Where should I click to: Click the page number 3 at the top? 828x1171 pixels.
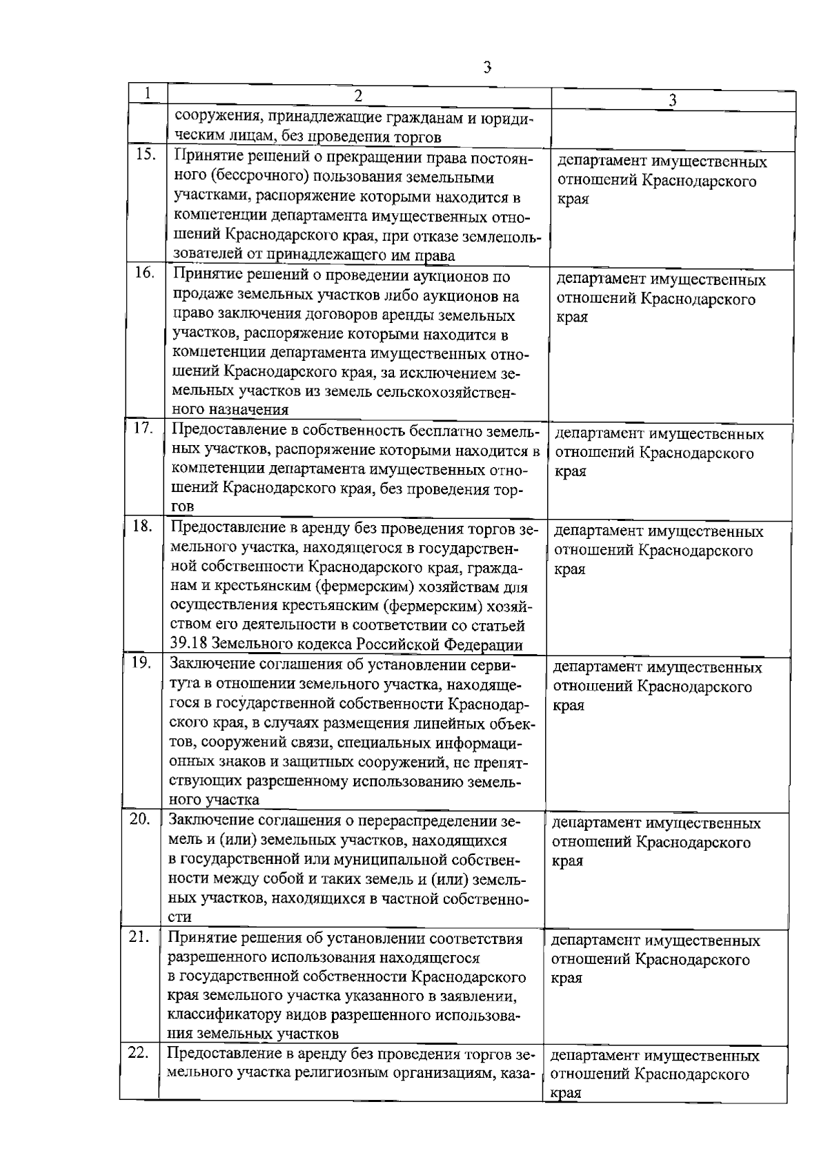[488, 67]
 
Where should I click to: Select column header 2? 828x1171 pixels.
[358, 95]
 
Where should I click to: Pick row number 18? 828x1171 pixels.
[143, 527]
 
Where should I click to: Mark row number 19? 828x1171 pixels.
[141, 663]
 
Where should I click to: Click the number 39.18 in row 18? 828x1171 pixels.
[188, 645]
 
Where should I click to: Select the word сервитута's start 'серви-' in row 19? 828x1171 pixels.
[496, 665]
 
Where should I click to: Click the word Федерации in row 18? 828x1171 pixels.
[484, 645]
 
